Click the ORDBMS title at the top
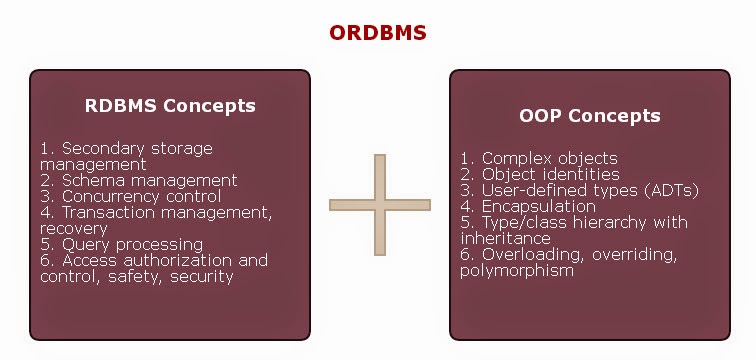point(378,33)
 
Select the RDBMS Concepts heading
point(170,106)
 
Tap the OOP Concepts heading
point(590,116)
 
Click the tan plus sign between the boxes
point(380,205)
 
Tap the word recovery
point(74,228)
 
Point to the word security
point(202,277)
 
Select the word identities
point(582,174)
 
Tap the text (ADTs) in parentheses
point(671,190)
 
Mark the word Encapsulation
point(539,207)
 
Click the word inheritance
point(505,239)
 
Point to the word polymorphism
point(517,271)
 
